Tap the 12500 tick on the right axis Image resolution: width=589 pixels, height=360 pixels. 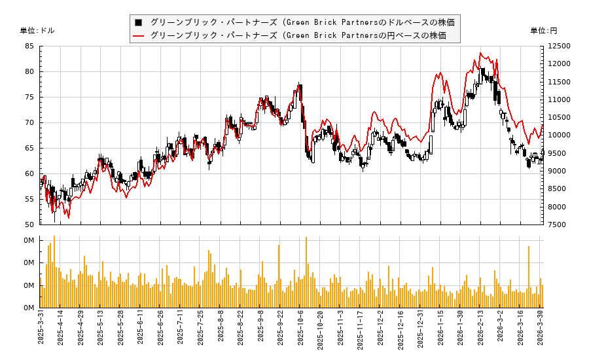click(560, 46)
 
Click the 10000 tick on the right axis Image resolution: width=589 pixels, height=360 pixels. click(560, 135)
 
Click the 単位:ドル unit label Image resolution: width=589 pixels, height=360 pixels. click(37, 31)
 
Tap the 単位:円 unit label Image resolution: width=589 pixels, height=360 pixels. click(543, 31)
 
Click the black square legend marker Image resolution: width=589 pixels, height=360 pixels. click(139, 22)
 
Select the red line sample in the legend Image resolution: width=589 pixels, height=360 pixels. click(139, 35)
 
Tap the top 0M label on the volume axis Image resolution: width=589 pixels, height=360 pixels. click(29, 240)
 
